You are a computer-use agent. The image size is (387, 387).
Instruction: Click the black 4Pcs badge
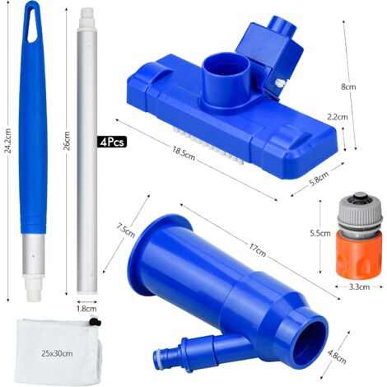point(112,142)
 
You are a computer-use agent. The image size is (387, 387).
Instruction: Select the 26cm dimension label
point(67,141)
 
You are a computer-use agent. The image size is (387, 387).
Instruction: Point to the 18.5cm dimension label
point(184,153)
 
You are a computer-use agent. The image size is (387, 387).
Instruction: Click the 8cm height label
point(348,86)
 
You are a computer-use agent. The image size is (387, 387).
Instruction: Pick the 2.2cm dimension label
point(338,117)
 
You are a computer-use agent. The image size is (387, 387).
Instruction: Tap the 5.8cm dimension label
point(319,179)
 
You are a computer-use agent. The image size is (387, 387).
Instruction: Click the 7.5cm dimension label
point(126,230)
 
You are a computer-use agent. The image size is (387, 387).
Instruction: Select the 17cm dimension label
point(257,249)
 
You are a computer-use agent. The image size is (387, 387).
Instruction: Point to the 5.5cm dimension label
point(320,233)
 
